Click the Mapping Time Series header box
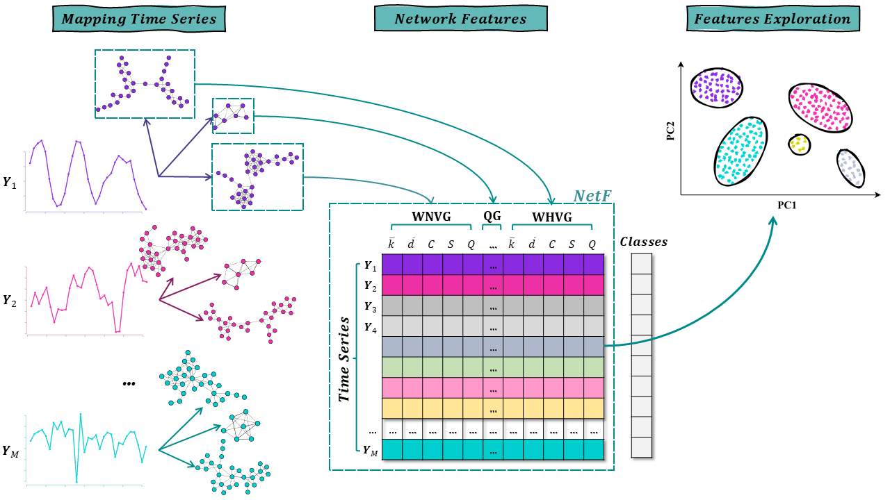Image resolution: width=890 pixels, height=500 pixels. click(x=139, y=19)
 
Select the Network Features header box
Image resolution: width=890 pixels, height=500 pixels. click(x=460, y=19)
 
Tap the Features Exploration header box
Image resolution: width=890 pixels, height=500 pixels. click(x=772, y=19)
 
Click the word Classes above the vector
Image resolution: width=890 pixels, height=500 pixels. click(x=643, y=242)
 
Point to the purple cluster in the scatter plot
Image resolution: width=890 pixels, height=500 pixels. click(x=717, y=87)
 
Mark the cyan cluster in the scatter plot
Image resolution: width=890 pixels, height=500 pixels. click(x=741, y=151)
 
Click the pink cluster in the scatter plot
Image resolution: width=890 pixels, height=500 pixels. click(x=820, y=108)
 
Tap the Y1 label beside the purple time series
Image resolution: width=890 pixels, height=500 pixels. click(x=10, y=183)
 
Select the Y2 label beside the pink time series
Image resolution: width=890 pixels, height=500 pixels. click(x=10, y=300)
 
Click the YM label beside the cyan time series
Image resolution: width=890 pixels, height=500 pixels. click(x=10, y=451)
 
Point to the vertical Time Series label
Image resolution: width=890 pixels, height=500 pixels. click(x=344, y=360)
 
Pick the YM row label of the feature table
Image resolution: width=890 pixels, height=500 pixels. click(x=370, y=450)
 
